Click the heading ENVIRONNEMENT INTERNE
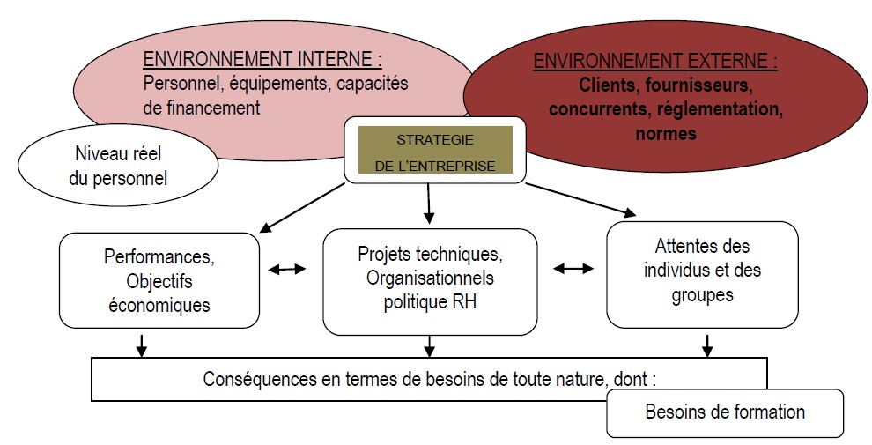coord(262,61)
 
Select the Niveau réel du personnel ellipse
coord(118,165)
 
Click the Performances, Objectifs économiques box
coord(159,280)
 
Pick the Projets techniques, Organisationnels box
coord(429,279)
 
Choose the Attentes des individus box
coord(702,271)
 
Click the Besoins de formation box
coord(725,412)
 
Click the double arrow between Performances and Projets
coord(286,269)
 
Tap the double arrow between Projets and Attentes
coord(573,269)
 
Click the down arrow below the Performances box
coord(141,345)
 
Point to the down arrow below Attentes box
coord(706,345)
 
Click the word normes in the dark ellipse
coord(665,134)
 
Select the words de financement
coord(202,108)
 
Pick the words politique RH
coord(428,303)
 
